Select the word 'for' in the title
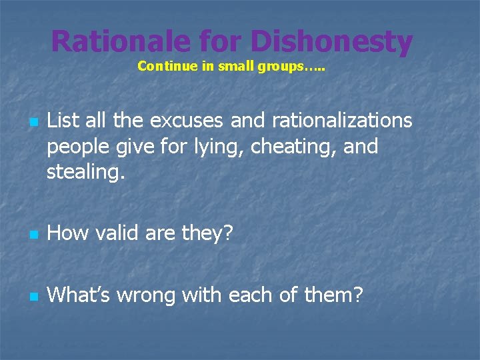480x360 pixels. [220, 41]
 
